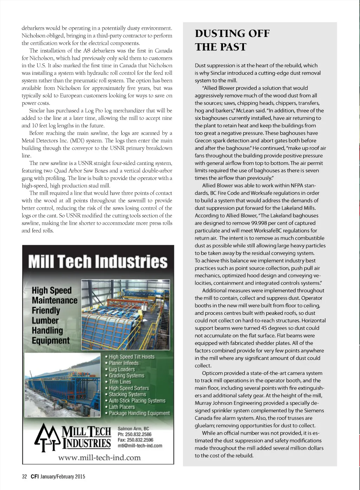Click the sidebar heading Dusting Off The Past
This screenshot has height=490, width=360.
(232, 40)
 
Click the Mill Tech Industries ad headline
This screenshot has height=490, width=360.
(98, 262)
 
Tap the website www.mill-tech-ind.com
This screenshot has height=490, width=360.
(99, 458)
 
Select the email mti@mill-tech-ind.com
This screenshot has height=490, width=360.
(140, 446)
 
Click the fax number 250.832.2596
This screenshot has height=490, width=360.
(141, 440)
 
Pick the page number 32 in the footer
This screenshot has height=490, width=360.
(24, 477)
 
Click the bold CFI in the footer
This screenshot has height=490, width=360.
(34, 477)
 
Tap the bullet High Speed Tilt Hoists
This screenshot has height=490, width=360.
(131, 357)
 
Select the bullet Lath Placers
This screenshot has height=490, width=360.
(122, 407)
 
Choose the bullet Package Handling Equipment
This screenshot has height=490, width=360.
(139, 413)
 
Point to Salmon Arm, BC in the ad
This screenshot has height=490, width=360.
(133, 428)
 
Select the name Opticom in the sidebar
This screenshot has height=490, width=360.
(213, 373)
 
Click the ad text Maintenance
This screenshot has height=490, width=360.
(54, 301)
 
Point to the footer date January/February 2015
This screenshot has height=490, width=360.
(63, 477)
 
